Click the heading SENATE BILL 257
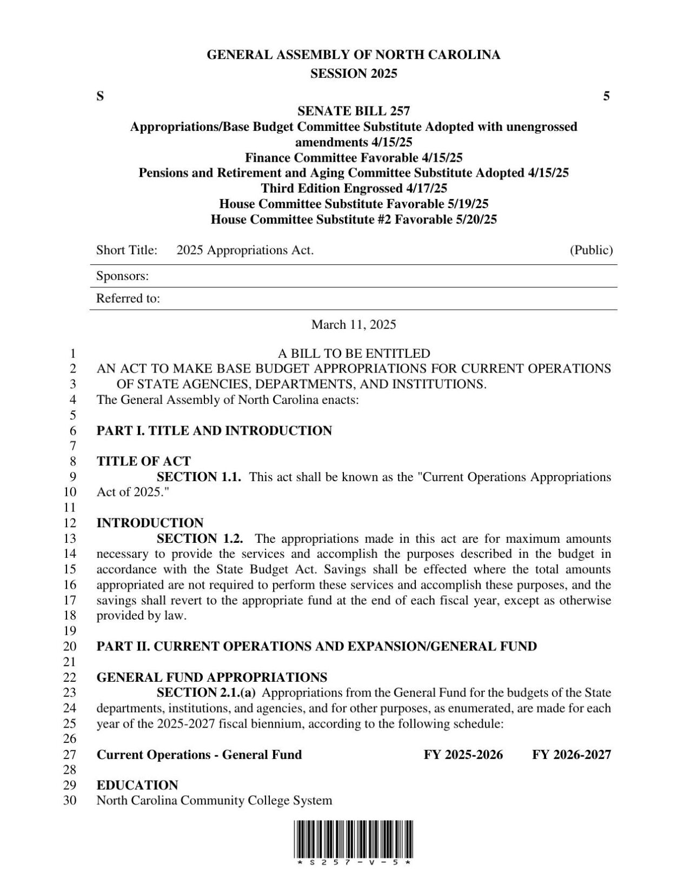[354, 111]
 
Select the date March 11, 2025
[354, 324]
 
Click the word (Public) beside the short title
[591, 250]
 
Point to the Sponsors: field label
[122, 276]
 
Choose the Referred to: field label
[128, 298]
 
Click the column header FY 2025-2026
[463, 755]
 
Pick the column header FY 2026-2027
[571, 755]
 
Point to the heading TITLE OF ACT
[143, 462]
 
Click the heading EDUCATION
[137, 786]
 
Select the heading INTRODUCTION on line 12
[150, 523]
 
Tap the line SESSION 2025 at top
[354, 74]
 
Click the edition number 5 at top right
[606, 97]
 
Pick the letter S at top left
[100, 97]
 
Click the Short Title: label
[127, 250]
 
